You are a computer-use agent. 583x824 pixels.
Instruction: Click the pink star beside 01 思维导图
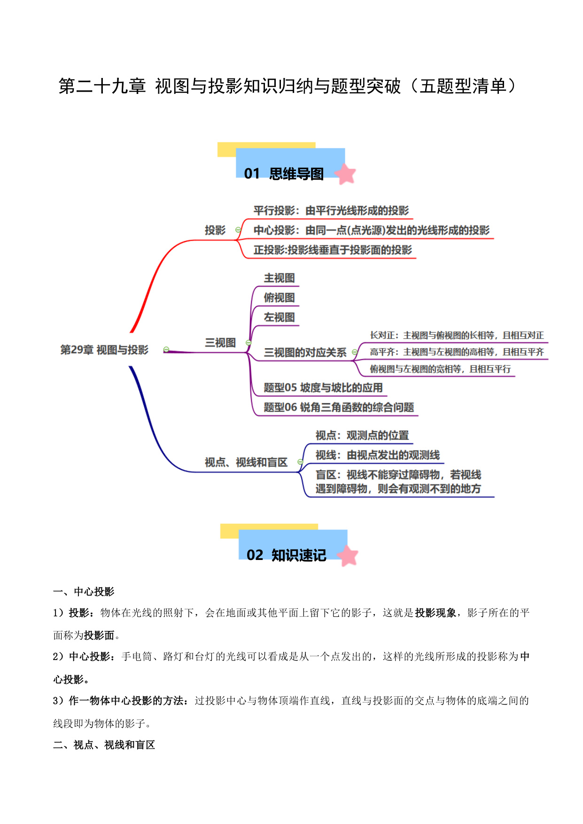point(345,174)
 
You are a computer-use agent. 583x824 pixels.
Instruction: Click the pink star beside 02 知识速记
point(348,556)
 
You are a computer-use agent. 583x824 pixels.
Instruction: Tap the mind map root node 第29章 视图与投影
point(104,350)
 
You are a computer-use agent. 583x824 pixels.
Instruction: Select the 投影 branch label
point(215,230)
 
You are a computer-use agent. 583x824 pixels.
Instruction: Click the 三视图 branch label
point(220,343)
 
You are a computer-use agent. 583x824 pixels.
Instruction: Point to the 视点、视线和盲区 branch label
point(246,463)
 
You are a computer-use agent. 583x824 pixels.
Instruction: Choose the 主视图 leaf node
point(280,278)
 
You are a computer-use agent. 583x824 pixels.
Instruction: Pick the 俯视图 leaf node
point(280,298)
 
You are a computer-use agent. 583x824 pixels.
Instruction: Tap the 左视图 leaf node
point(280,318)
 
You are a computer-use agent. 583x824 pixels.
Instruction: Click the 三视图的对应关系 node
point(305,353)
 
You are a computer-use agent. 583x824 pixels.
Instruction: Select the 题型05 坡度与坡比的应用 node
point(323,388)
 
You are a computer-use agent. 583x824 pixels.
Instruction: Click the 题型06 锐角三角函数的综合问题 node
point(339,407)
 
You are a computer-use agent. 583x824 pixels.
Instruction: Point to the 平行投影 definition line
point(331,210)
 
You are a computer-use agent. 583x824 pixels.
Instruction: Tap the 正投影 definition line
point(333,250)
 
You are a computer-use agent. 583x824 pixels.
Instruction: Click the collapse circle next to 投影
point(238,230)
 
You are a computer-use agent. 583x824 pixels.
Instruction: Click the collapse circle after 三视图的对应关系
point(355,352)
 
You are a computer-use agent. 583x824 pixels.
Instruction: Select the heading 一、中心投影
point(84,592)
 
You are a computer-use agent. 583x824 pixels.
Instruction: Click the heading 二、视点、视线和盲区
point(104,745)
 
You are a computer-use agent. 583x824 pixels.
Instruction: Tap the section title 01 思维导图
point(284,174)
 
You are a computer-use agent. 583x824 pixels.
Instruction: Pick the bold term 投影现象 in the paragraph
point(435,613)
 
